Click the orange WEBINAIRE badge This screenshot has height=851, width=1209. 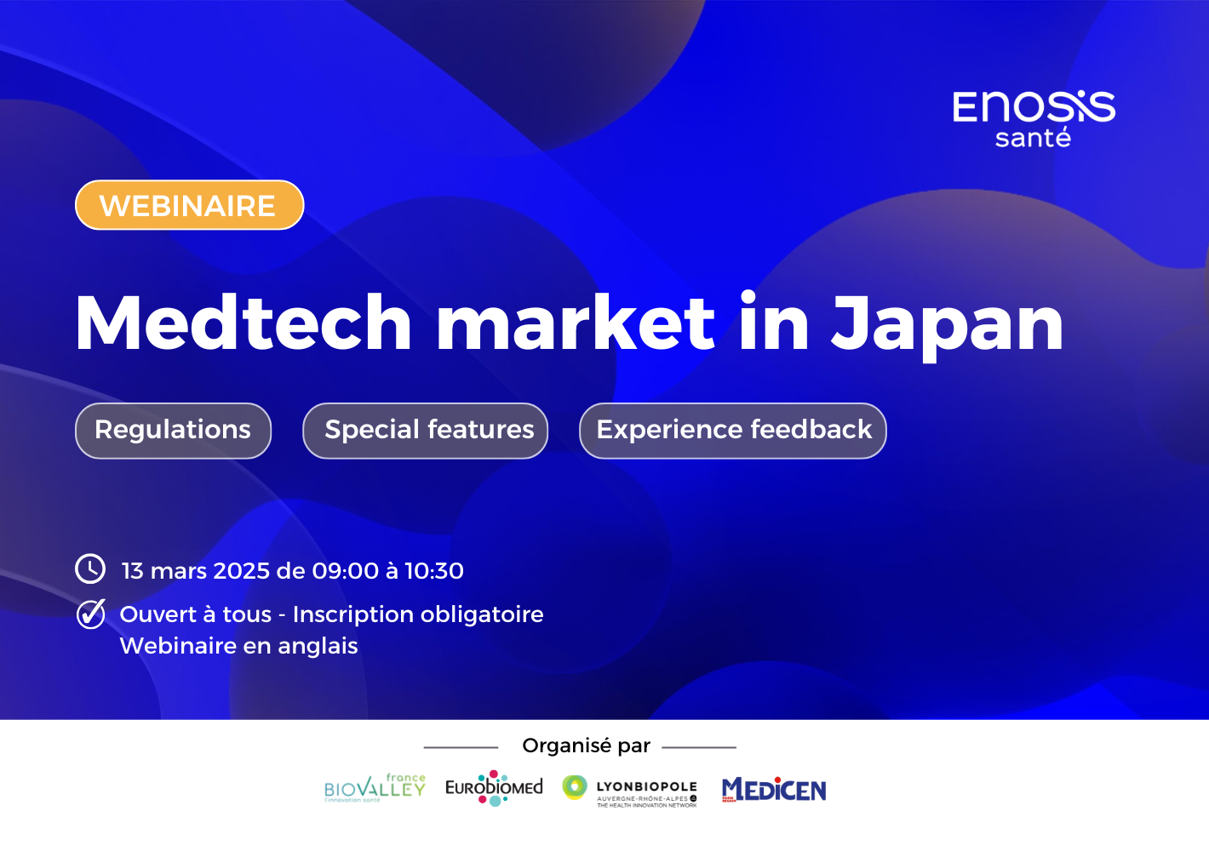(189, 205)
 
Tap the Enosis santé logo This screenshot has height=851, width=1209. (1033, 118)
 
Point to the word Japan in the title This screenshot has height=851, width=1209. (947, 324)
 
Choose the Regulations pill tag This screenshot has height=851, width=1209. (173, 430)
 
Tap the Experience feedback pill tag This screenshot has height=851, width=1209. (733, 430)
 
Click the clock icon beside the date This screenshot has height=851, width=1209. (90, 568)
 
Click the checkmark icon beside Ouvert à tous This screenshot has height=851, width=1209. (90, 614)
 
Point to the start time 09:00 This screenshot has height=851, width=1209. (346, 570)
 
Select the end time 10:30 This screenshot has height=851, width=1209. (434, 570)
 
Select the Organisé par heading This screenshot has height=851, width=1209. (586, 745)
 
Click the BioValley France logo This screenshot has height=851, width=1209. (375, 789)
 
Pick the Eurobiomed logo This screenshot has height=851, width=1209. (494, 788)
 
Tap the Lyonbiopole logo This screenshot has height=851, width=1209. (630, 790)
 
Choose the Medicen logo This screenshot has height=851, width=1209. (774, 790)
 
